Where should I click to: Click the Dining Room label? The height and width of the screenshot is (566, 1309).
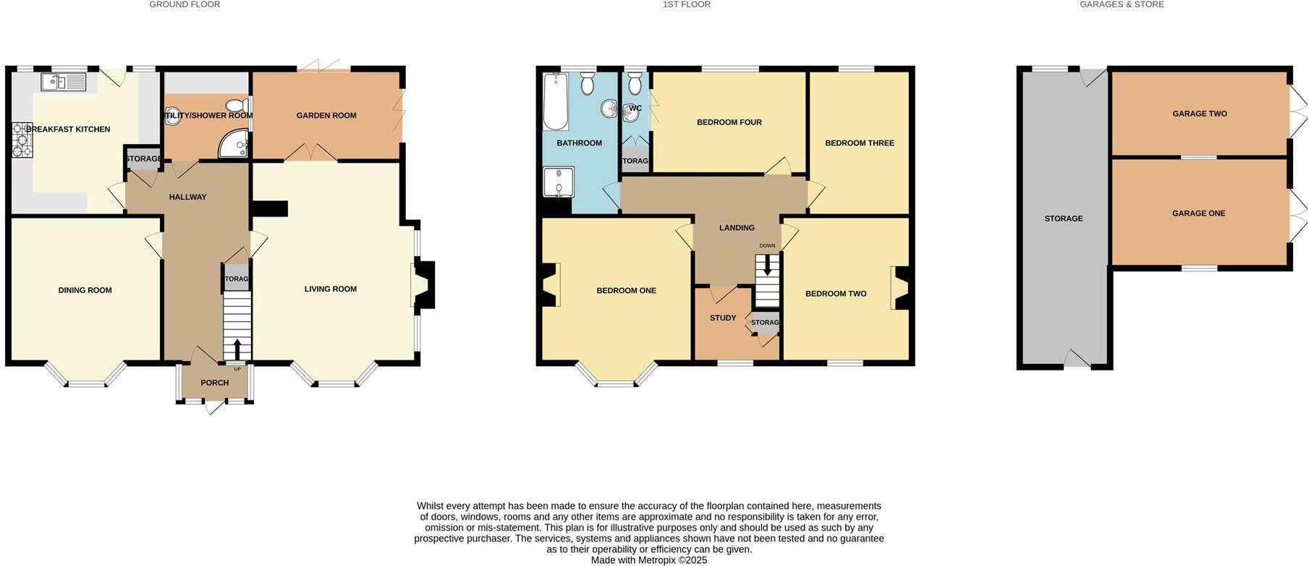[x=85, y=290]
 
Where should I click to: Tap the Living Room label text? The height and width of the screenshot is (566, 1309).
[x=330, y=289]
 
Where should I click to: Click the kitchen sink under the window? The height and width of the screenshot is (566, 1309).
[x=63, y=82]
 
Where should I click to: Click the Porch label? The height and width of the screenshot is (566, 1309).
[x=214, y=383]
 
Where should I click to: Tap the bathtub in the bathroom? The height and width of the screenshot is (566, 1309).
[x=556, y=101]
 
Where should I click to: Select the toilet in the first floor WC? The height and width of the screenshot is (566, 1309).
[x=635, y=85]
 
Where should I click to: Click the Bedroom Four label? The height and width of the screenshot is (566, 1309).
[x=729, y=122]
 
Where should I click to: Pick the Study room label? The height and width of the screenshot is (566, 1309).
[x=722, y=318]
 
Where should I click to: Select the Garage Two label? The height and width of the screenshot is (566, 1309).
[x=1199, y=114]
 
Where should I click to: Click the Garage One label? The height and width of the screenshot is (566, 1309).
[x=1198, y=214]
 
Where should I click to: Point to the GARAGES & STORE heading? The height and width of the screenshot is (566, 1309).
[x=1121, y=4]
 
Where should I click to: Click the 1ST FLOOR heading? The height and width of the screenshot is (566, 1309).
[x=686, y=4]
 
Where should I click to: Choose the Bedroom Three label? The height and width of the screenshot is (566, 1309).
[x=859, y=143]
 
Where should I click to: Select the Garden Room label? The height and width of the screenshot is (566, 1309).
[x=326, y=115]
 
